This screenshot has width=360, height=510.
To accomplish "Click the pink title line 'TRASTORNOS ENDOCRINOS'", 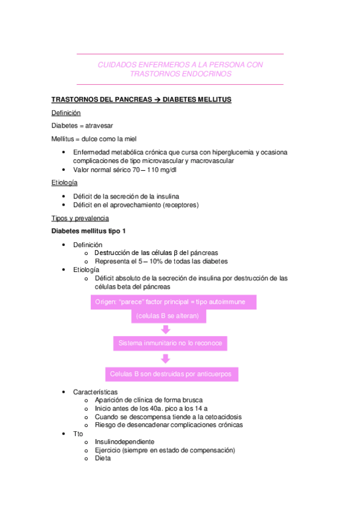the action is (x=180, y=74).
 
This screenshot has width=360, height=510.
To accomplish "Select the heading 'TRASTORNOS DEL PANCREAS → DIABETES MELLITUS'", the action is (x=141, y=99).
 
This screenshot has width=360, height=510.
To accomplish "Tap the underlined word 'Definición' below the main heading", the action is (x=66, y=112).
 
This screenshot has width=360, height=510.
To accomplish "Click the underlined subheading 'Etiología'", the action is (x=64, y=182).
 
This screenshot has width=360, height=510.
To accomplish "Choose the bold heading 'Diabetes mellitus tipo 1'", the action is (x=88, y=231).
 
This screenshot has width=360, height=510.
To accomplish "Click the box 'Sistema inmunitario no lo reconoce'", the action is (x=171, y=343).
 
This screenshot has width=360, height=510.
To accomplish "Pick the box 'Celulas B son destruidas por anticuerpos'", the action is (x=171, y=374).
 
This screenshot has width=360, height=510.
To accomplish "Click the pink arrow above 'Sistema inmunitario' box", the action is (x=166, y=329).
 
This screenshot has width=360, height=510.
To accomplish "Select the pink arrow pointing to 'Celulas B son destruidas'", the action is (x=166, y=358).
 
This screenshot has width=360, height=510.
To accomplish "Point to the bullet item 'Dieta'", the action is (x=103, y=458).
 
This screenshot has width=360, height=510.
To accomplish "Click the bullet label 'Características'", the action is (x=95, y=392).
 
